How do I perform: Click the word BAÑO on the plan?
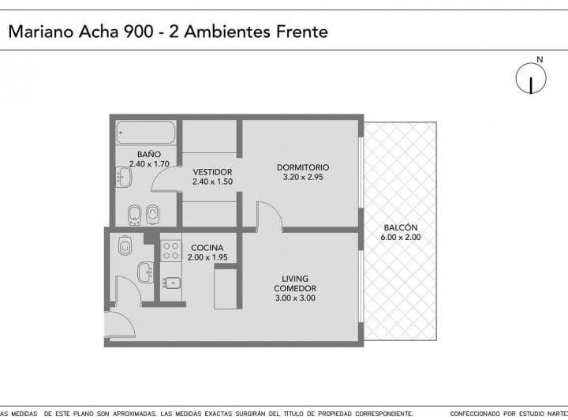(x=149, y=154)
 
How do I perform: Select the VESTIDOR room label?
(x=212, y=171)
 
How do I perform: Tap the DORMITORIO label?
(x=303, y=167)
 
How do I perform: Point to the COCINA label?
(x=207, y=247)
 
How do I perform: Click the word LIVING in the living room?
(x=295, y=279)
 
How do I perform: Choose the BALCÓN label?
(x=401, y=227)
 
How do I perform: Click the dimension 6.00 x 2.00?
(x=401, y=237)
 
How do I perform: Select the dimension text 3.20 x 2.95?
(x=303, y=178)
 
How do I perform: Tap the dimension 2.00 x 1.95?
(x=207, y=257)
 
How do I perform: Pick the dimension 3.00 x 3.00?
(x=295, y=298)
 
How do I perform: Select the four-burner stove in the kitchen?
(x=171, y=251)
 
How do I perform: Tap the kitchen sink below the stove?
(x=171, y=283)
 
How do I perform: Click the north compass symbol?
(x=532, y=80)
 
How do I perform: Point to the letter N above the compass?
(x=539, y=59)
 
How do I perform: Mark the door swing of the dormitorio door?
(x=270, y=215)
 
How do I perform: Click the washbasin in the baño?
(x=124, y=176)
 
